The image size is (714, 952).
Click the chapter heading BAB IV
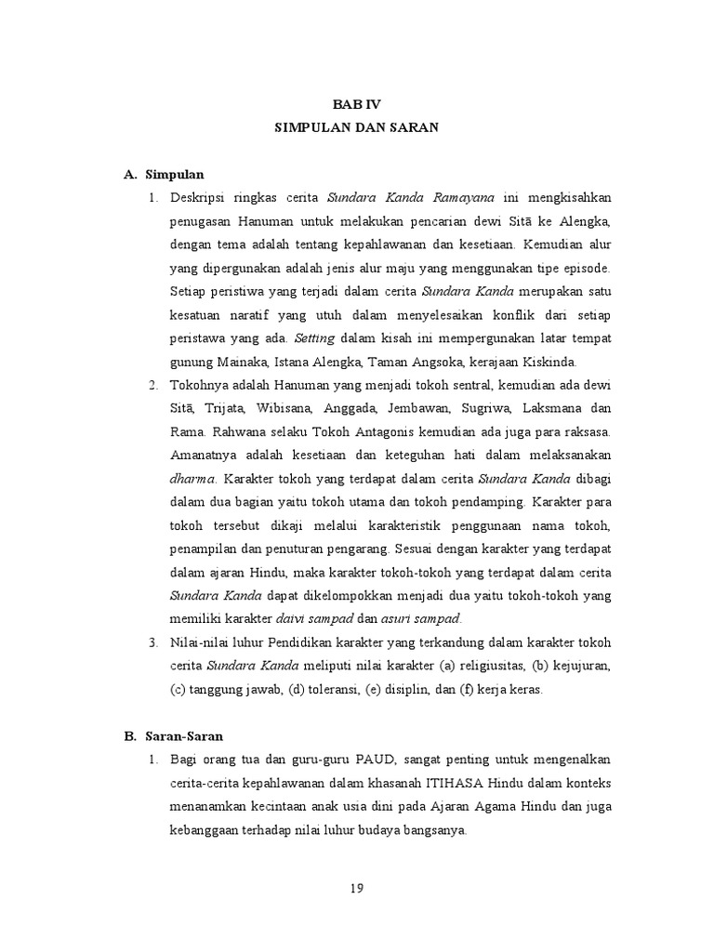(355, 105)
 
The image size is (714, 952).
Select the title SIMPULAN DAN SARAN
(355, 129)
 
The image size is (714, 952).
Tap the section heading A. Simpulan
(165, 174)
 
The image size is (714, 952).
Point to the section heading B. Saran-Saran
(173, 735)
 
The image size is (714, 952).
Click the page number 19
(356, 889)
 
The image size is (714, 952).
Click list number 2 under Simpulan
(153, 385)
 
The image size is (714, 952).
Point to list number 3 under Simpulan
(153, 642)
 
